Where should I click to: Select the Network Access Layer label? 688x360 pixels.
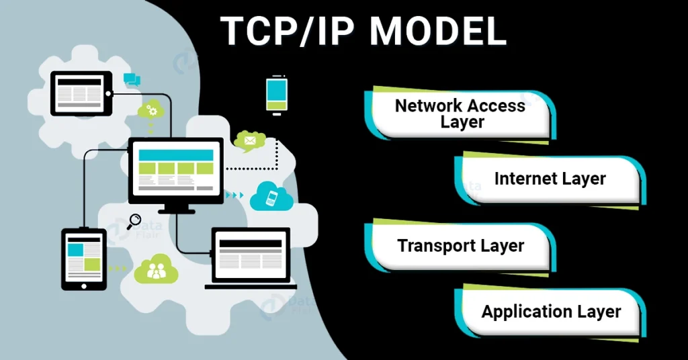pos(460,114)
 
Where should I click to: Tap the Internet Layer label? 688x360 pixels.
pos(550,179)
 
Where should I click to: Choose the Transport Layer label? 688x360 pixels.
pos(460,246)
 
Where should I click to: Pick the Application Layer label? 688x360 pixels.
pos(551,312)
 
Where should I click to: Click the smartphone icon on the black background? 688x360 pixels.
pos(276,95)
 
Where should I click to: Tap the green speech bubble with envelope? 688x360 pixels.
pos(249,141)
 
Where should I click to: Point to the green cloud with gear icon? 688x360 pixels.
pos(151,110)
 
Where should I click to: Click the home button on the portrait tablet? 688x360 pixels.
pos(84,284)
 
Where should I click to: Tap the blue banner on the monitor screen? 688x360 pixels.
pos(175,154)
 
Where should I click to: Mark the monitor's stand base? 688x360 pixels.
pos(176,211)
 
